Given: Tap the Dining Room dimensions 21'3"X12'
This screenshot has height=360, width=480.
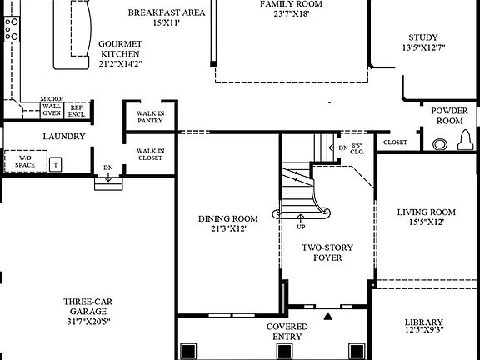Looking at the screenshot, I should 222,227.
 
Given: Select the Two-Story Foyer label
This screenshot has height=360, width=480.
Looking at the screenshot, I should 322,252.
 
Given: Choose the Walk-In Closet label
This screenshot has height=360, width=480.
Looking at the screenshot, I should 151,154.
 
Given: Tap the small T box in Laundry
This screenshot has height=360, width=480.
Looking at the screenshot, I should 57,164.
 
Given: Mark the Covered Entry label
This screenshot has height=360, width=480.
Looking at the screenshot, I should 287,331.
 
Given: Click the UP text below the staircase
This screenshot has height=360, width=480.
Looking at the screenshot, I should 300,226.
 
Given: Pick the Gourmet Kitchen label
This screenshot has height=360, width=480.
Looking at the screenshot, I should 119,52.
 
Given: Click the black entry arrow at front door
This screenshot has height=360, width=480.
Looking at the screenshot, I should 329,316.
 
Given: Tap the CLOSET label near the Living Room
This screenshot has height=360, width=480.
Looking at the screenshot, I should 395,142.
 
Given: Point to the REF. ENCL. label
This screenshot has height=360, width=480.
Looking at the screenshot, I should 77,109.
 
